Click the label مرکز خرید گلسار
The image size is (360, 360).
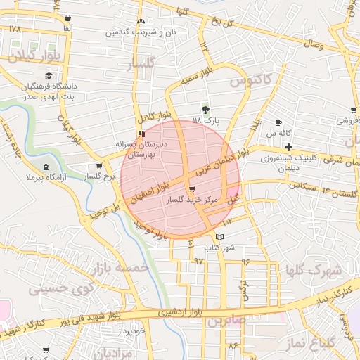(x=192, y=200)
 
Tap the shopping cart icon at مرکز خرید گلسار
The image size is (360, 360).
(x=192, y=189)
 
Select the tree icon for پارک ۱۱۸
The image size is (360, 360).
(x=205, y=110)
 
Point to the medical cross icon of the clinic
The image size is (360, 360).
(x=289, y=146)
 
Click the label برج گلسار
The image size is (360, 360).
(x=99, y=176)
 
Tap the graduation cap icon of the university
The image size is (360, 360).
(x=49, y=76)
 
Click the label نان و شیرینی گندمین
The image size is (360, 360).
(x=141, y=32)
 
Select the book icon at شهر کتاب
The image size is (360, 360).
(x=220, y=237)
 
